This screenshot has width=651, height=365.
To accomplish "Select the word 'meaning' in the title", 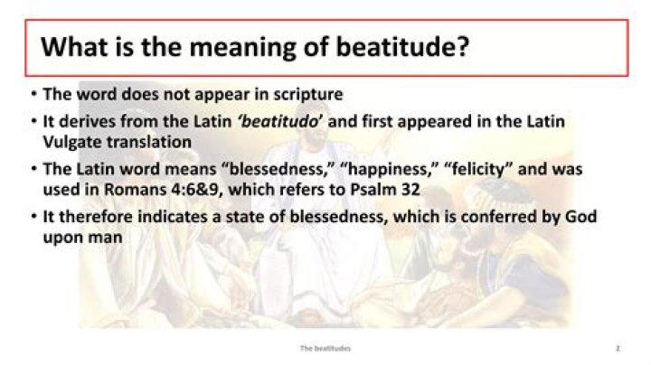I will click(247, 47).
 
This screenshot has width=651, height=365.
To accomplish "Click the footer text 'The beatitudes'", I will click(325, 347).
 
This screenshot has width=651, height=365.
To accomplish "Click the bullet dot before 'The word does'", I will click(33, 95).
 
